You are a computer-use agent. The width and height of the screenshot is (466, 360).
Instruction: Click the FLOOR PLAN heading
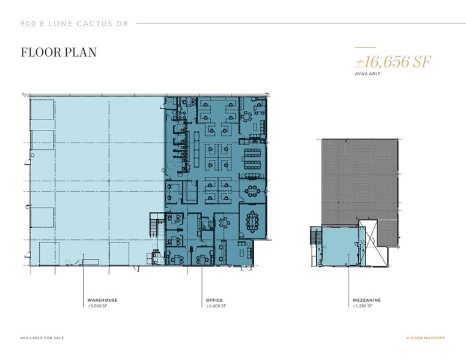(58, 52)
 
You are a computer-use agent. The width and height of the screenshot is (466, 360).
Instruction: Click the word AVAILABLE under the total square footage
(367, 73)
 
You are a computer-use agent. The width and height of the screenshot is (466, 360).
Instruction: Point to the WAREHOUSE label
(102, 300)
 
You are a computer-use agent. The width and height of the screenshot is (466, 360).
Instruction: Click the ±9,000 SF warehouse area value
(98, 306)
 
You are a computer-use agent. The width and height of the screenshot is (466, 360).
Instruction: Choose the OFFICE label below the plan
(214, 300)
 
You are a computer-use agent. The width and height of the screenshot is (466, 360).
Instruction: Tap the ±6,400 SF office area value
(217, 306)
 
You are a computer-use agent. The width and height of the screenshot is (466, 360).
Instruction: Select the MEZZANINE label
(367, 300)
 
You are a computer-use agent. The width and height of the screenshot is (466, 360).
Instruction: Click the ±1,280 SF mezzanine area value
(366, 306)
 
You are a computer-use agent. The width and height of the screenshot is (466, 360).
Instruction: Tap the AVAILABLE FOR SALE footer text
(42, 338)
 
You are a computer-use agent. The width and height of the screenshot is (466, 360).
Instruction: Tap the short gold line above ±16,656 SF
(365, 48)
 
